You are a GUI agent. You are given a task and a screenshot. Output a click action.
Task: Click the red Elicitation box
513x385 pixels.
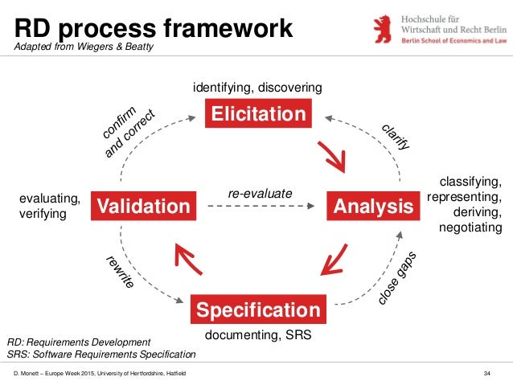click(x=257, y=114)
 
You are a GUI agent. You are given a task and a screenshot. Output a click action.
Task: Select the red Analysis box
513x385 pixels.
click(x=372, y=207)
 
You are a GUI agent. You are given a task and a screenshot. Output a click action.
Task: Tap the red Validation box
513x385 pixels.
click(x=143, y=207)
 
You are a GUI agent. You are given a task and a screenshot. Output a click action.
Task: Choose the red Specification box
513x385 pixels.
click(x=258, y=309)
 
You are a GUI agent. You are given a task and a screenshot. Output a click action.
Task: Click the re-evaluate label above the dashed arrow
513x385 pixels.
click(x=260, y=194)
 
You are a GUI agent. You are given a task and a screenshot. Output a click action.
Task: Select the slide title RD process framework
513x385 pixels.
click(x=154, y=28)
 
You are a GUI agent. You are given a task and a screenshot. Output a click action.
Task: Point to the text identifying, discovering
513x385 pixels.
click(x=257, y=86)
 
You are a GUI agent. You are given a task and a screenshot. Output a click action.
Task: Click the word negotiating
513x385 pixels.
click(x=470, y=228)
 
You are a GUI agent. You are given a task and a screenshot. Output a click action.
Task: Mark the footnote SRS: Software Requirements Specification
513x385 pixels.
click(x=101, y=354)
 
